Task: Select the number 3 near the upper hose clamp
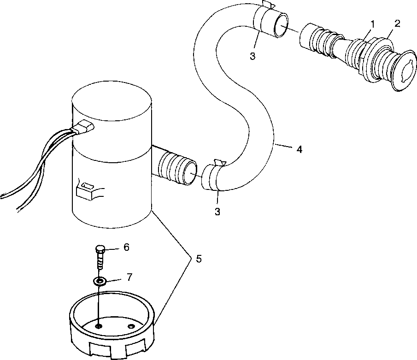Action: (253, 56)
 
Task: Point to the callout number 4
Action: (299, 149)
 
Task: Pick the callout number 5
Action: (199, 259)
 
